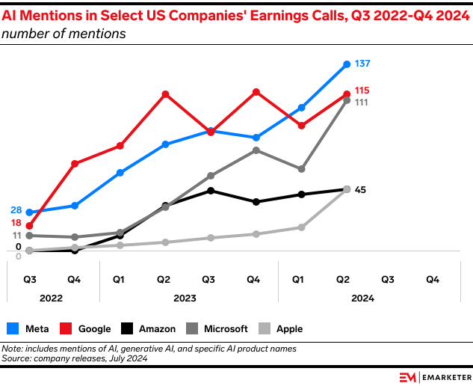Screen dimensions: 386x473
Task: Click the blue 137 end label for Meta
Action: click(363, 64)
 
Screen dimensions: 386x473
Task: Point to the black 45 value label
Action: click(360, 190)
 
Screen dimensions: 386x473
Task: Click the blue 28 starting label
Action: click(16, 210)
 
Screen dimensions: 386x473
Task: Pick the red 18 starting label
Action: click(16, 223)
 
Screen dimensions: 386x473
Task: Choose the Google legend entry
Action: click(85, 328)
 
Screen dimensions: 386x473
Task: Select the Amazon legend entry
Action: click(148, 328)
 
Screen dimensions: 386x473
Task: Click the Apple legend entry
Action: click(280, 328)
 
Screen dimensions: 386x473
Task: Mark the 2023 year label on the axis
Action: click(185, 298)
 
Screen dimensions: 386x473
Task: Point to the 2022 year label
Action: click(51, 298)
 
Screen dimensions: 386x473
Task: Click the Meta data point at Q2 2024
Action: click(347, 64)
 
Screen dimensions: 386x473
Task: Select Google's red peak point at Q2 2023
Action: click(165, 94)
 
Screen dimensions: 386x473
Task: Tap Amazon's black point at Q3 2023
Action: click(211, 191)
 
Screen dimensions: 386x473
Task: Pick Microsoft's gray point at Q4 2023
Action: click(256, 150)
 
